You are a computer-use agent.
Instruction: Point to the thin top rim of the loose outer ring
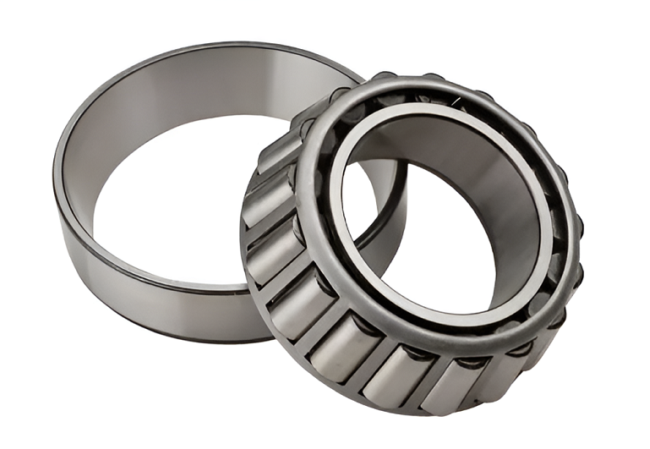(x=211, y=45)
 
